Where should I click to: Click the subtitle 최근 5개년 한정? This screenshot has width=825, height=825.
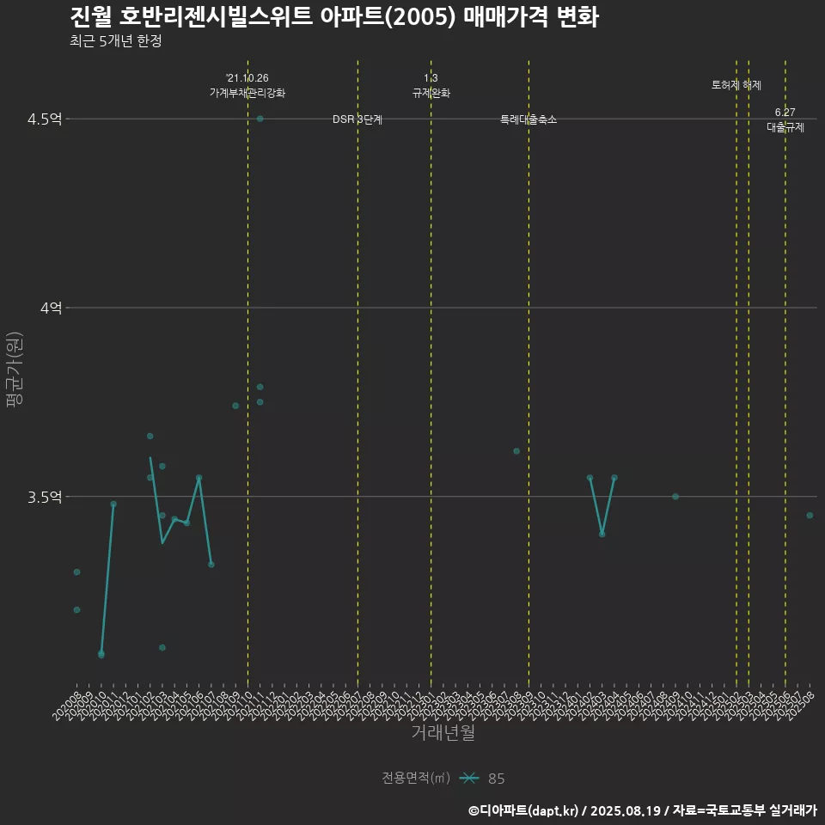[x=115, y=41]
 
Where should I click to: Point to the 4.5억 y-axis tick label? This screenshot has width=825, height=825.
[x=45, y=119]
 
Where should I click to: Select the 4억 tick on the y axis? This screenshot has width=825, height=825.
[x=52, y=308]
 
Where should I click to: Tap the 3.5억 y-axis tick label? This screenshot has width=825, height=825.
[x=45, y=497]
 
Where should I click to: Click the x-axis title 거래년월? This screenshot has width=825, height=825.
[x=443, y=733]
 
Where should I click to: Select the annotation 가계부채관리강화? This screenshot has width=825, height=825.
[x=247, y=93]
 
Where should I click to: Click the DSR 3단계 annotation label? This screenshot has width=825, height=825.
[x=357, y=119]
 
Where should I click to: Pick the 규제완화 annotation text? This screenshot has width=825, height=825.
[x=431, y=93]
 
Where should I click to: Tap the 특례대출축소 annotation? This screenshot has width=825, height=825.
[x=529, y=119]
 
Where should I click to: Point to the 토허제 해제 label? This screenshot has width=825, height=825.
[x=736, y=85]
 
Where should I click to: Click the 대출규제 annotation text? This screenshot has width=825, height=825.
[x=785, y=127]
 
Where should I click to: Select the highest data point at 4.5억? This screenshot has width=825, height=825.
[x=260, y=119]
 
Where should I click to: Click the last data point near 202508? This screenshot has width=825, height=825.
[x=810, y=516]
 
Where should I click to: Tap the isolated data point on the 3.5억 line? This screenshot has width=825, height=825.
[x=675, y=497]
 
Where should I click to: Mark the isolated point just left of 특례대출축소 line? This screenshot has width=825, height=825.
[x=516, y=451]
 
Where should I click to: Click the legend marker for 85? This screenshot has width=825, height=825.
[x=468, y=779]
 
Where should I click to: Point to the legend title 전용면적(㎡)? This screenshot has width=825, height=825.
[x=416, y=779]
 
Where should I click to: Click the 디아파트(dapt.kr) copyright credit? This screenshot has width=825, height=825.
[x=524, y=810]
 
